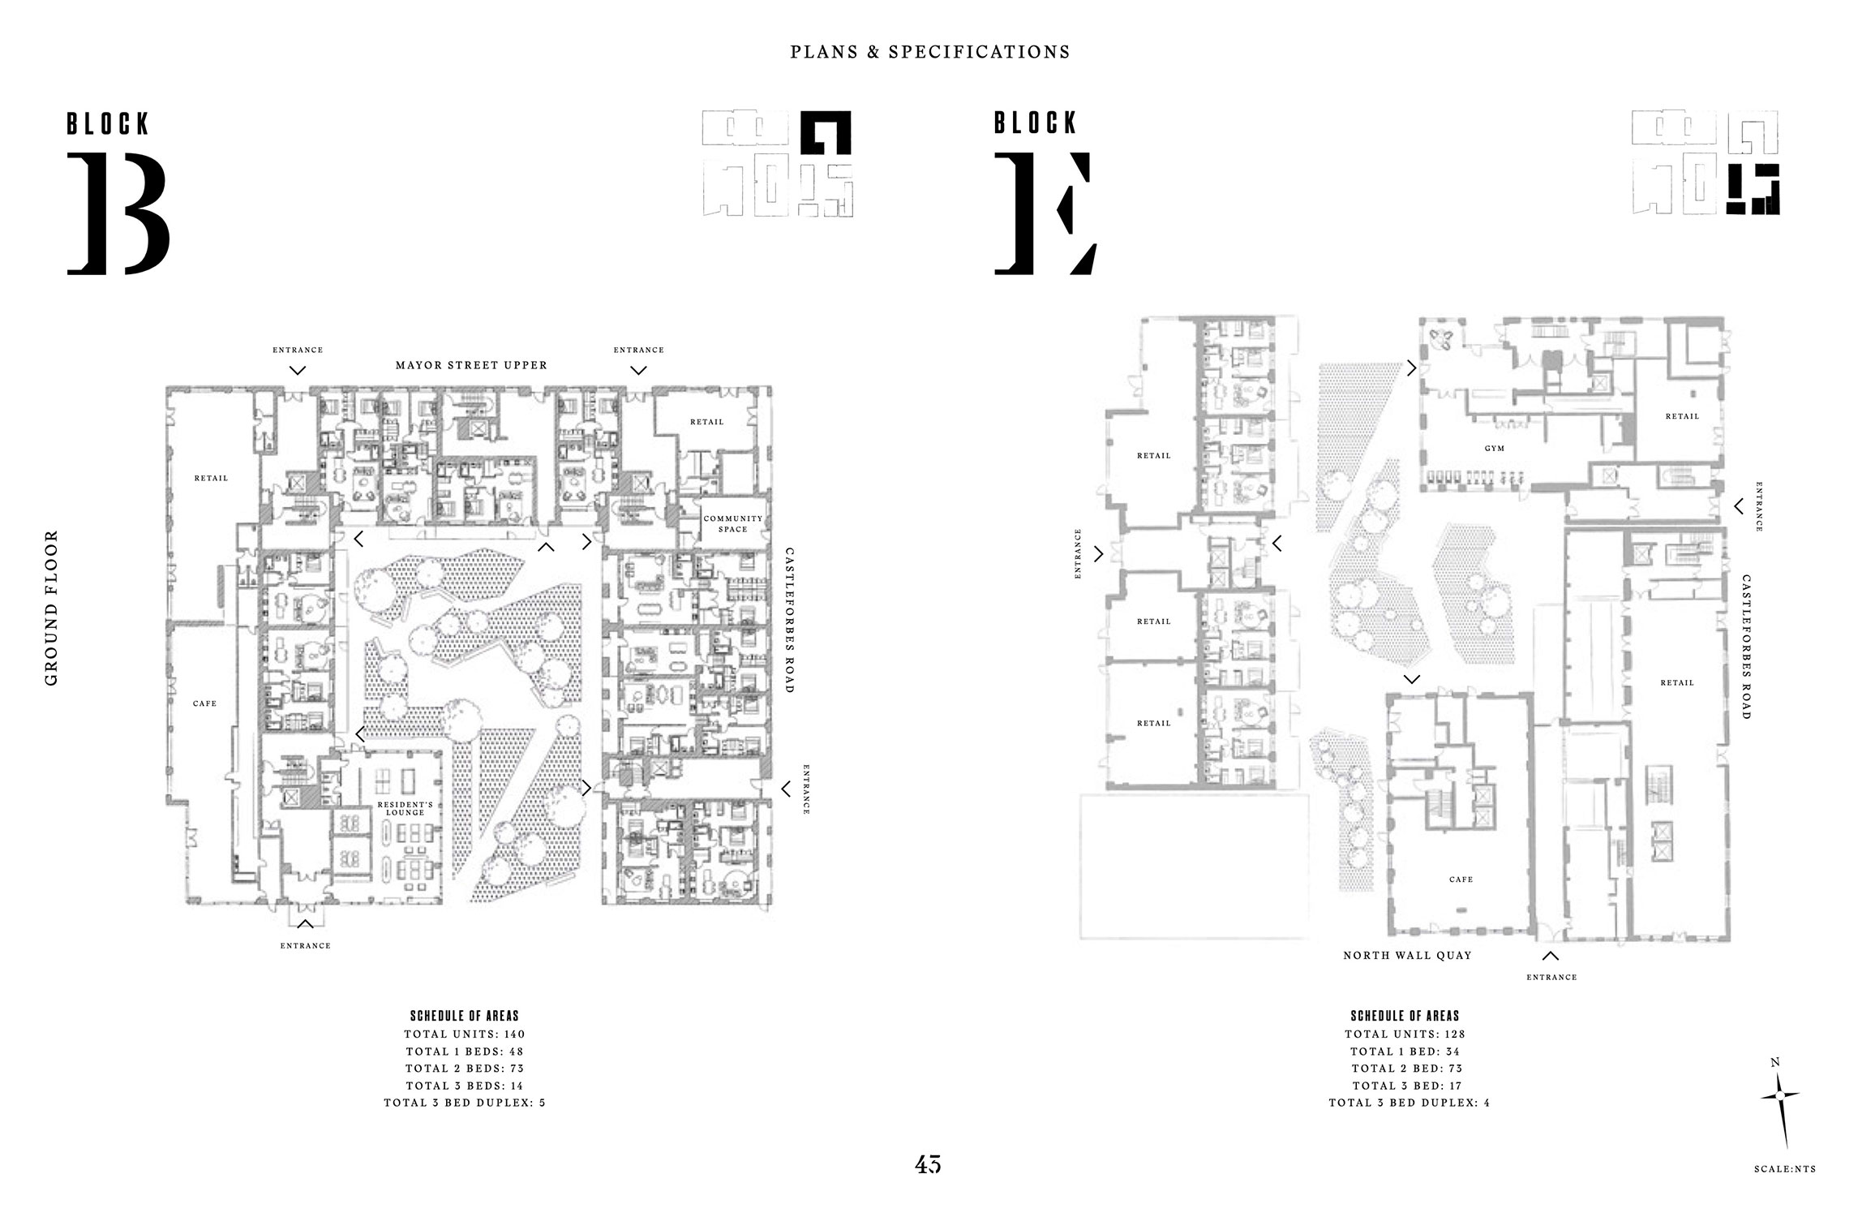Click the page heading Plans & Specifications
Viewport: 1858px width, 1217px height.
coord(929,52)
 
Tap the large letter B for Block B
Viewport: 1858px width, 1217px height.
coord(118,213)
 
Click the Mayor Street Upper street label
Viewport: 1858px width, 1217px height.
coord(471,365)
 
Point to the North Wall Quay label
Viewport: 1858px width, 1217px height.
coord(1407,956)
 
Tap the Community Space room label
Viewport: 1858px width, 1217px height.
coord(732,523)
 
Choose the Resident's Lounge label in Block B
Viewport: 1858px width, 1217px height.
coord(405,808)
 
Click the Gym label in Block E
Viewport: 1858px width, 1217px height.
coord(1494,449)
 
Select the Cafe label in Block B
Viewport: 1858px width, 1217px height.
coord(204,704)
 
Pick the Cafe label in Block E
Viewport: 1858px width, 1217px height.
coord(1461,879)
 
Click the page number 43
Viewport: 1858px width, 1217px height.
coord(928,1164)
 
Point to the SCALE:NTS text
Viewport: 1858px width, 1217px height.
coord(1784,1169)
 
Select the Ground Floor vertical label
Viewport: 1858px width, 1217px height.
coord(52,608)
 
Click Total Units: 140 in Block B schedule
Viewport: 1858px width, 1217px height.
coord(465,1034)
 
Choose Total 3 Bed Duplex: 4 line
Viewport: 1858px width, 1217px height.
coord(1409,1103)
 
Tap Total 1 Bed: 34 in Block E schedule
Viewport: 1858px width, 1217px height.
coord(1405,1051)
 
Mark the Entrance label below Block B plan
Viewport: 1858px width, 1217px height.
coord(305,946)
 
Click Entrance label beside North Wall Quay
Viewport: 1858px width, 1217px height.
coord(1551,978)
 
